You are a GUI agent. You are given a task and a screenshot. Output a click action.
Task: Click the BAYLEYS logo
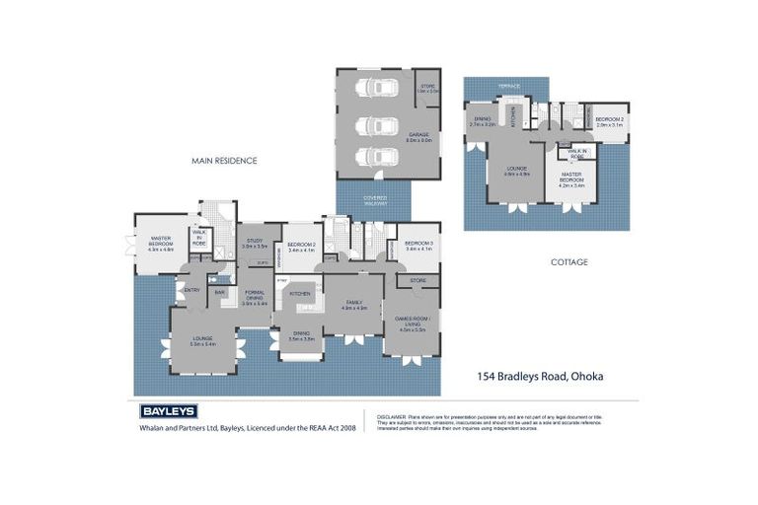click(168, 411)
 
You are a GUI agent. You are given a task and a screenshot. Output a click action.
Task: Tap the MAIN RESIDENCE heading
click(224, 160)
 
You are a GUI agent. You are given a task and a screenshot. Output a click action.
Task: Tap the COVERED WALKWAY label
click(375, 200)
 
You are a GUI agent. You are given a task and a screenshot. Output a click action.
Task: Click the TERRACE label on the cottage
click(508, 87)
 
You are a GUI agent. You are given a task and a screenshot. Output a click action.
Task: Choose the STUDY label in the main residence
click(255, 242)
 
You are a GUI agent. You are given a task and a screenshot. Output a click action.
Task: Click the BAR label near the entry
click(219, 292)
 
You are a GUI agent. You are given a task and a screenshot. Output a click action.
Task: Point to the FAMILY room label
click(353, 305)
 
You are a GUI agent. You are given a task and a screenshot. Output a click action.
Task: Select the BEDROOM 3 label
click(418, 245)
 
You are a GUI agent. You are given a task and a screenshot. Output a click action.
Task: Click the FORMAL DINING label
click(255, 300)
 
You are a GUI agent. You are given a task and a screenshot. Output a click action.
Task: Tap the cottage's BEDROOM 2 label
click(610, 122)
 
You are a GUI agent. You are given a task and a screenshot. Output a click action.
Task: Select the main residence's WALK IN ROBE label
click(199, 238)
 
